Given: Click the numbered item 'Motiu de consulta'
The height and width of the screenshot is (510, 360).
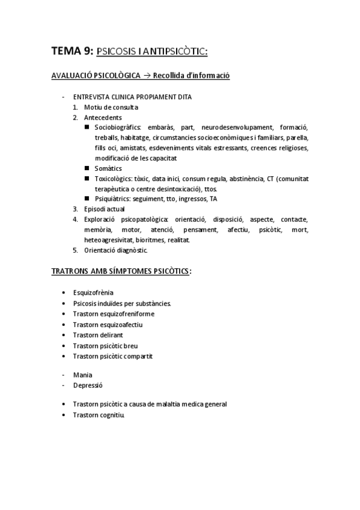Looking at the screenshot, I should [111, 107].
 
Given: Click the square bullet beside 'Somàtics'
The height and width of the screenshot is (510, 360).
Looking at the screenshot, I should [87, 169].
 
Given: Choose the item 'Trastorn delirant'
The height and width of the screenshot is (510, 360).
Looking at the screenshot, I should [97, 335].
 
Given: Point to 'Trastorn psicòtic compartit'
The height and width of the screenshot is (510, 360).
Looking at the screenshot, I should [112, 356].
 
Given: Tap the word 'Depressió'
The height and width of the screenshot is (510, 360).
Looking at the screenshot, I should [88, 385].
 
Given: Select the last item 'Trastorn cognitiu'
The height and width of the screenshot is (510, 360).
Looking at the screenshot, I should [99, 415].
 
